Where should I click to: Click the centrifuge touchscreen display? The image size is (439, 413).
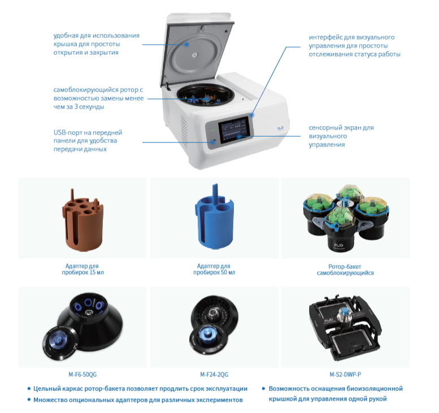233,130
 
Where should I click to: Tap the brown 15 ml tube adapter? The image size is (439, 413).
83,220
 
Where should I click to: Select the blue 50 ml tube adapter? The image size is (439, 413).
215,217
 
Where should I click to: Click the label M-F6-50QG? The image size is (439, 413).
82,375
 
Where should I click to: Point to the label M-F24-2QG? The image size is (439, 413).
214,375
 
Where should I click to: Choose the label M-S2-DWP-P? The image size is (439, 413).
345,375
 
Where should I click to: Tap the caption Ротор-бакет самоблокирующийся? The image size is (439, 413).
345,269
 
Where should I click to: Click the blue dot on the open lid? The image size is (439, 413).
187,44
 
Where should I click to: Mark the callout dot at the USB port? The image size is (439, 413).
213,142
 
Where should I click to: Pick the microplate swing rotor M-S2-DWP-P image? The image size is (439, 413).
345,327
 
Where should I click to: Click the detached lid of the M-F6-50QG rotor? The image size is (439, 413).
60,343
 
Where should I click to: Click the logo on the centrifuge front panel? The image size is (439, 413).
281,128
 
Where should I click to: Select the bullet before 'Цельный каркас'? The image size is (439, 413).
29,389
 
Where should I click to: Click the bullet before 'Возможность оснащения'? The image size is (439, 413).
263,389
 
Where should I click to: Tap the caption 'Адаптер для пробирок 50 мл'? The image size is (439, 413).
214,269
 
